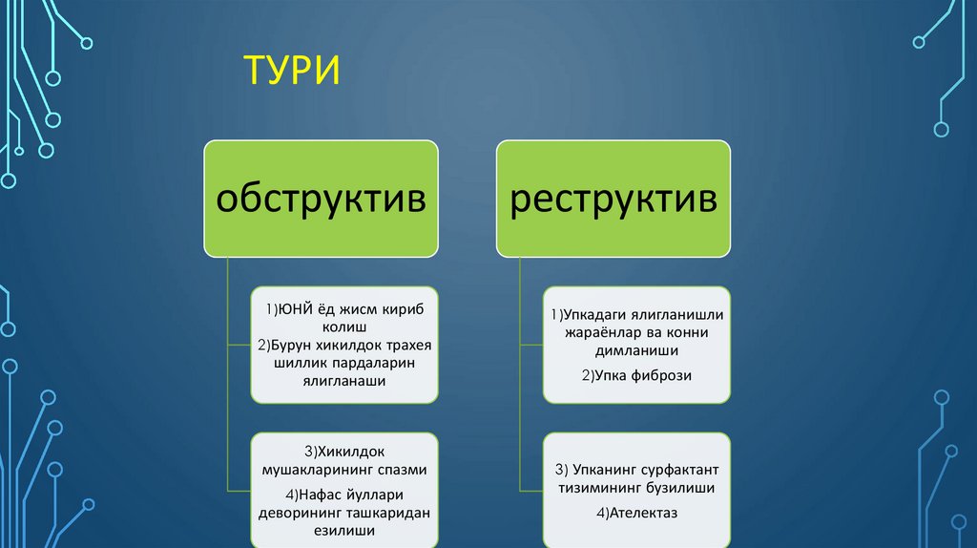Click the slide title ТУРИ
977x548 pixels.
(x=292, y=73)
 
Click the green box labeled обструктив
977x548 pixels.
(x=320, y=200)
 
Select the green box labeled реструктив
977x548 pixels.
(x=613, y=200)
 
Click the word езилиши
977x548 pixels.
(x=344, y=530)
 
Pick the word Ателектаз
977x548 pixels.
(x=644, y=514)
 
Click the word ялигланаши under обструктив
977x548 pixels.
(x=344, y=381)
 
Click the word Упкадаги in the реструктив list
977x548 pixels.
(x=596, y=316)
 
